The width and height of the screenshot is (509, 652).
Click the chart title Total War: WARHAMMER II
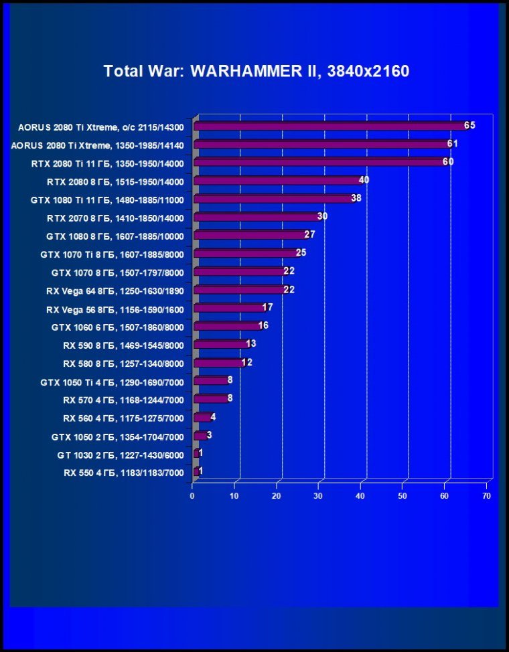click(256, 71)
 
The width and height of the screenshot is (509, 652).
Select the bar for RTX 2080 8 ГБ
click(278, 181)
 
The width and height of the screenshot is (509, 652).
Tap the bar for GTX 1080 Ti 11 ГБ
click(274, 199)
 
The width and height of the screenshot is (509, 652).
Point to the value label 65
click(469, 125)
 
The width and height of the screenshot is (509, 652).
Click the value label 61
click(453, 143)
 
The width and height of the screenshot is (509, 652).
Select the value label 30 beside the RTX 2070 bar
click(322, 216)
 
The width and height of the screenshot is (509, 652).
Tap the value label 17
click(267, 307)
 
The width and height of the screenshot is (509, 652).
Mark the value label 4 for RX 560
click(213, 416)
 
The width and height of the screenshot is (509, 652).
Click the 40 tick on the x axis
click(360, 496)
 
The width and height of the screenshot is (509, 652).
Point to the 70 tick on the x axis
click(486, 496)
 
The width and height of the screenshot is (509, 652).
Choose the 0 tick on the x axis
click(193, 496)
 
